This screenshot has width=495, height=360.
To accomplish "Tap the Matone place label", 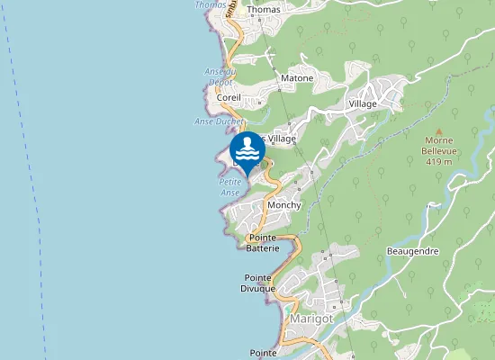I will [297, 78].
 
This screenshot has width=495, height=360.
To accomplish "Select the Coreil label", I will [229, 96].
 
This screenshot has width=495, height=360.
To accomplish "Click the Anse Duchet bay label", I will [218, 121].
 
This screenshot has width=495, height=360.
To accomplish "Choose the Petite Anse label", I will [230, 186].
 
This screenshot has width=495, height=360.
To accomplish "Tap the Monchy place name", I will [284, 205].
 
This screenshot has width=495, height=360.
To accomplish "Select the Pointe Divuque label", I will [257, 283].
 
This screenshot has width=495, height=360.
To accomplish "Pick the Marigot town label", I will [312, 318].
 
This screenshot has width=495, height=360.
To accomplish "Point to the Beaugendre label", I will [412, 251].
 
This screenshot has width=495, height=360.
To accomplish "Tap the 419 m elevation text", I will [438, 162].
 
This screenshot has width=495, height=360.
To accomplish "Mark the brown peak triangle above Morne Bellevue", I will [437, 130].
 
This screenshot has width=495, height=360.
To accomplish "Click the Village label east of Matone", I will [363, 103].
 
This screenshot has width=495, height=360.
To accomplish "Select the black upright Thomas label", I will [264, 10].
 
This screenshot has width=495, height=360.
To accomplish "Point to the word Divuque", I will [257, 288].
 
